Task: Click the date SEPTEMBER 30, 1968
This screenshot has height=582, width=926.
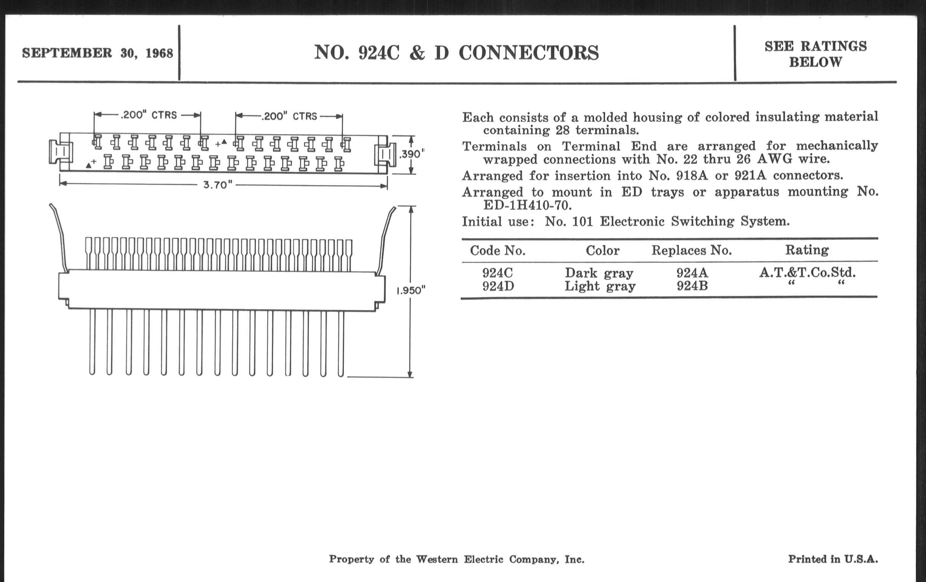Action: coord(97,53)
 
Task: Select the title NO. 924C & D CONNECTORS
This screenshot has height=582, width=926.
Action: coord(456,53)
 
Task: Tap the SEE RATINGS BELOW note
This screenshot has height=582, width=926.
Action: coord(815,54)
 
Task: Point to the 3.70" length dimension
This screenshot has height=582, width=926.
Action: coord(218,185)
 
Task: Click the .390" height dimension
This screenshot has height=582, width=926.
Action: coord(412,154)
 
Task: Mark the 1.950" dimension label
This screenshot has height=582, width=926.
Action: coord(411,290)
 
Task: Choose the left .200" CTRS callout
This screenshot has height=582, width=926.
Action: coord(148,115)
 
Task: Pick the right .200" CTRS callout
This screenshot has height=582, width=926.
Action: coord(289,116)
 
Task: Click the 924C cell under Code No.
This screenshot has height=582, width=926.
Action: coord(497,273)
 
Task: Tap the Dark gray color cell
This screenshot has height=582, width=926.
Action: coord(599,273)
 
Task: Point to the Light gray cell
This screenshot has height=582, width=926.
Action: coord(600,286)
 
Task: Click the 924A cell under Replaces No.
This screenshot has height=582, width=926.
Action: coord(692,273)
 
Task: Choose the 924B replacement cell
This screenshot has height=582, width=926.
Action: coord(692,286)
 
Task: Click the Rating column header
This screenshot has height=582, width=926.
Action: coord(807,250)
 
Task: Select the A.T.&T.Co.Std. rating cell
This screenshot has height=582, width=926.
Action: coord(807,273)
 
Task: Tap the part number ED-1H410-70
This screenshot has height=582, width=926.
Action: coord(527,206)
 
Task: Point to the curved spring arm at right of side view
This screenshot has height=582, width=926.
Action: coord(386,238)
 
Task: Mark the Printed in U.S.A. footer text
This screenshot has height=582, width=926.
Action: coord(833,559)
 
